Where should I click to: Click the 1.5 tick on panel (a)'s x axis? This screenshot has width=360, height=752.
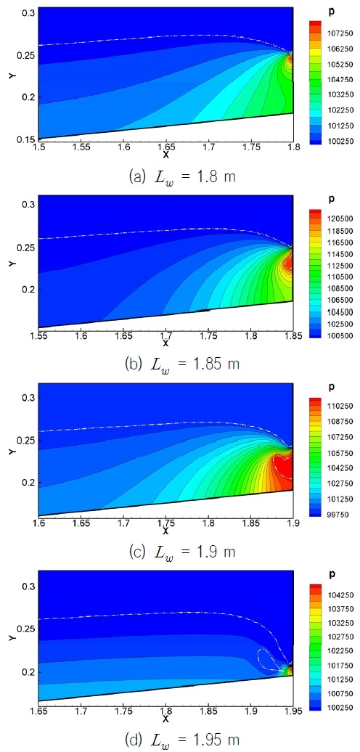(39, 146)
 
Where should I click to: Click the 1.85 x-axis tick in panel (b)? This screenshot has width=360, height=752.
(292, 335)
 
